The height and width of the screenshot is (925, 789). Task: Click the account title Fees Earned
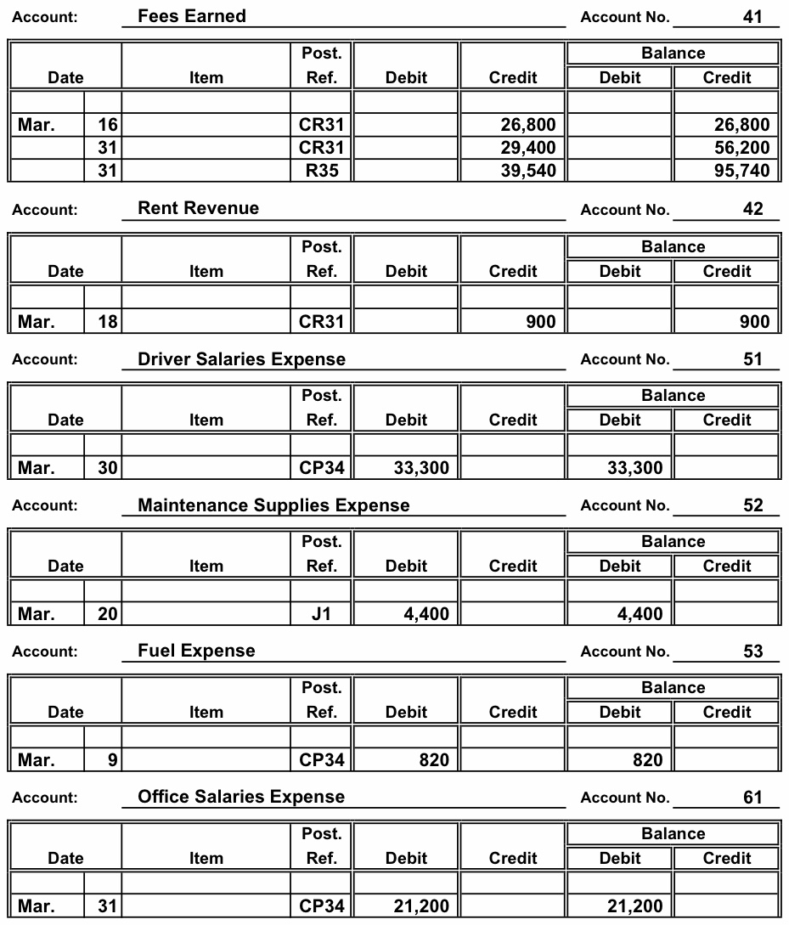[192, 16]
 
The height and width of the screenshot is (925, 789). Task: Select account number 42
[752, 209]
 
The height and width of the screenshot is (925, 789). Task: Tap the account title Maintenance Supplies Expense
[273, 505]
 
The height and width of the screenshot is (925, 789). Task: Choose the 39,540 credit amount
[528, 171]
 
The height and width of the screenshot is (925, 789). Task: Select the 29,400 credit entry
[528, 148]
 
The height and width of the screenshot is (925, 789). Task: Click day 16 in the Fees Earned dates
[108, 125]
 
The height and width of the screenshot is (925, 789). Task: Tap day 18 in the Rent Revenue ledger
[108, 321]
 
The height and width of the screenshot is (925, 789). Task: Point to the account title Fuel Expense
[196, 651]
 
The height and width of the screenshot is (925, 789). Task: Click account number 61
[752, 798]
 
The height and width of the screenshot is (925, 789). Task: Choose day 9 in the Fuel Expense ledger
[113, 760]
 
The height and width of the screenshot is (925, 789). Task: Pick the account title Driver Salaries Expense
[241, 359]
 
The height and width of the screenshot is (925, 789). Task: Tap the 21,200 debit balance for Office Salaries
[634, 906]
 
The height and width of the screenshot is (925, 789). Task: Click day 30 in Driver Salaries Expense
[108, 467]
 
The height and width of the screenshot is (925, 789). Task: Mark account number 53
[752, 651]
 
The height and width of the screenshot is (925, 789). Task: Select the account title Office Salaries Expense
[241, 798]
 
